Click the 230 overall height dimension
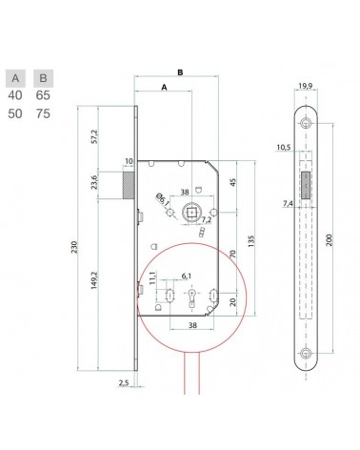coord(74,247)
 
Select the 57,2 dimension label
coord(95,136)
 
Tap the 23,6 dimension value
coord(94,182)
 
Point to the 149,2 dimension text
coord(94,279)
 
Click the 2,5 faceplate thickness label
coord(124,383)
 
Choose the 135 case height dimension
coord(251,241)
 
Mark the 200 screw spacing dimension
coord(329,239)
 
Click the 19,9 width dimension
coord(306,86)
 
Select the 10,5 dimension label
coord(284,147)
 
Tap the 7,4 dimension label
coord(288,204)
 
